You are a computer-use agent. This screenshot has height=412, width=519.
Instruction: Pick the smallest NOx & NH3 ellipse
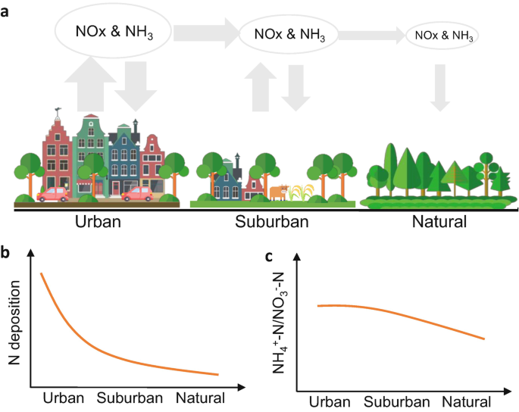click(x=443, y=34)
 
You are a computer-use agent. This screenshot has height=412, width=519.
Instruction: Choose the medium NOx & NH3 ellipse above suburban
click(x=288, y=33)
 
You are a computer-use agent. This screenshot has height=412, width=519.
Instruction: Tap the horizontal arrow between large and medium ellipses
click(x=205, y=33)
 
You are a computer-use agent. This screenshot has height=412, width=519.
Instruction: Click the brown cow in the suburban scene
click(x=279, y=192)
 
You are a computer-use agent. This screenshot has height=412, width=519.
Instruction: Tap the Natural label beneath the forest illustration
click(x=439, y=223)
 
